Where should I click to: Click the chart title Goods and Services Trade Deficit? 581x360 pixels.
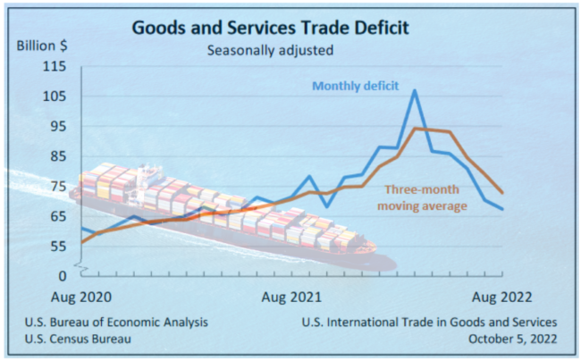point(270,27)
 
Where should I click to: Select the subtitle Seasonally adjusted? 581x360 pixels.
point(270,50)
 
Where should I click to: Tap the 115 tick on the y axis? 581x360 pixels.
point(55,67)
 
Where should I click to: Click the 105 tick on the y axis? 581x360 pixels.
point(55,96)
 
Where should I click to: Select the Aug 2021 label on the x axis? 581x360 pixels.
point(291,295)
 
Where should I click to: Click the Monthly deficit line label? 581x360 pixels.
point(354,86)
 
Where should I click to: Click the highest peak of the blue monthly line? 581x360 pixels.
point(415,90)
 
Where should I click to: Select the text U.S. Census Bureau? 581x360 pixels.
point(81,339)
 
